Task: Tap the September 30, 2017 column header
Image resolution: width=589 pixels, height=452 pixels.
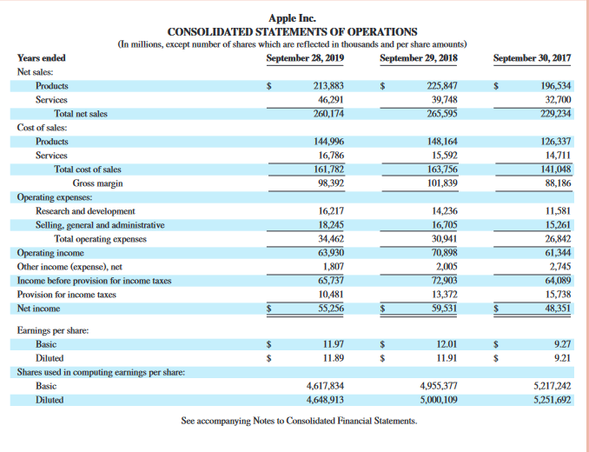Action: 532,58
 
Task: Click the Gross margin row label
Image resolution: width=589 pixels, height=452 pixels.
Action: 97,183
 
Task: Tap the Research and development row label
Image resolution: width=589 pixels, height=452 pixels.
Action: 85,211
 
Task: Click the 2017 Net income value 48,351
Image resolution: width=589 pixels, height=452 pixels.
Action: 557,308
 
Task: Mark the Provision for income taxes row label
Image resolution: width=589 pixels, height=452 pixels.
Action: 67,295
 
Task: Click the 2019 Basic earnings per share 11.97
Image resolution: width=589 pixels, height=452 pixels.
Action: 333,344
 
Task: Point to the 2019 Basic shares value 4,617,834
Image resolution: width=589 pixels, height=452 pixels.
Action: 325,386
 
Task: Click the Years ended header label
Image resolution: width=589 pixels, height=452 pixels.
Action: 41,58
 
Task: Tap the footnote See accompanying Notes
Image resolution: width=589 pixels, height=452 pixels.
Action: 298,422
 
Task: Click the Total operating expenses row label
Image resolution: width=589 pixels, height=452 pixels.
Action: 100,239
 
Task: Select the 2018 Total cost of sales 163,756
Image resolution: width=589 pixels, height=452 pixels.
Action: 442,169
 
